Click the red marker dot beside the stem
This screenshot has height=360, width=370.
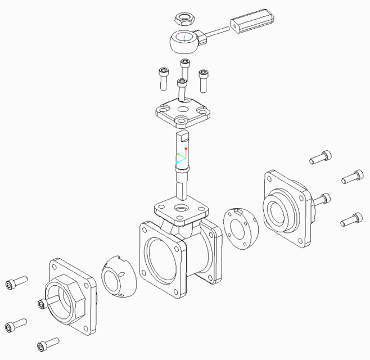click(x=186, y=149)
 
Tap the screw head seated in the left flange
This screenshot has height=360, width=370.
click(x=41, y=304)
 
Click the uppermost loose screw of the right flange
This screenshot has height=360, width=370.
click(x=321, y=157)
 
